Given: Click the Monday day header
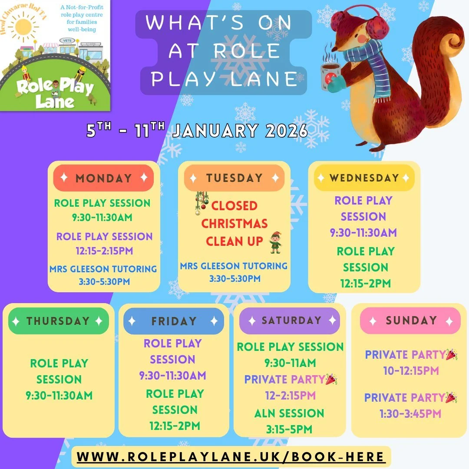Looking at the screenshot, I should pyautogui.click(x=103, y=178).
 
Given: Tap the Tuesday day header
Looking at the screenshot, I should pyautogui.click(x=234, y=178).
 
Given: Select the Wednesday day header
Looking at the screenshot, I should pyautogui.click(x=364, y=178).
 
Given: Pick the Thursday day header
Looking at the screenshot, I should pyautogui.click(x=58, y=321).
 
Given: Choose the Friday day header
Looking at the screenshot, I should pyautogui.click(x=174, y=321).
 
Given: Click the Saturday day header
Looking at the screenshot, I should pyautogui.click(x=291, y=320).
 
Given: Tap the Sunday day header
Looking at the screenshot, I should pyautogui.click(x=410, y=320).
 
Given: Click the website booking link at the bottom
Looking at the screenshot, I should pyautogui.click(x=231, y=457).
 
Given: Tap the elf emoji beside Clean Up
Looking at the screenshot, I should pyautogui.click(x=275, y=242).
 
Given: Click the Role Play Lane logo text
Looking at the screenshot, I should pyautogui.click(x=55, y=92).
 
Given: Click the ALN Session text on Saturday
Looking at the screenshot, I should pyautogui.click(x=289, y=413).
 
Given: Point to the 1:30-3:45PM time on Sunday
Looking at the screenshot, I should pyautogui.click(x=410, y=413).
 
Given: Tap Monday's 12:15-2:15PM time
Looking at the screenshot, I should pyautogui.click(x=105, y=251).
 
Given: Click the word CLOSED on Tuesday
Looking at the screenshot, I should pyautogui.click(x=234, y=205).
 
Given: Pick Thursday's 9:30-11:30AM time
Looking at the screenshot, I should pyautogui.click(x=59, y=396).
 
